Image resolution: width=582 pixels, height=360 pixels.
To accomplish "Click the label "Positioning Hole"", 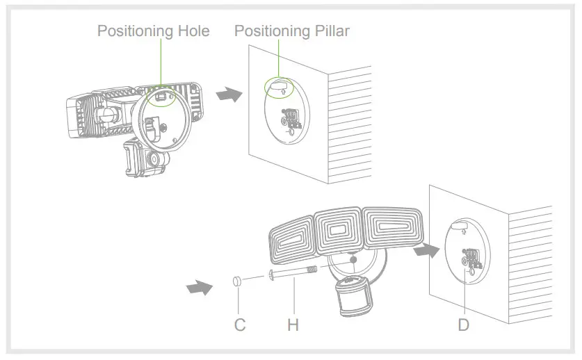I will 153,31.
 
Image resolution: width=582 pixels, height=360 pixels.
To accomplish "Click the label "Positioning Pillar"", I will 291,31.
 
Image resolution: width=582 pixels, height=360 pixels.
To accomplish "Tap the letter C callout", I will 239,325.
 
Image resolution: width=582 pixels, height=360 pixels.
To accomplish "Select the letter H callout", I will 293,325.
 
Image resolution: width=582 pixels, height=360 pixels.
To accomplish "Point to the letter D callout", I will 464,325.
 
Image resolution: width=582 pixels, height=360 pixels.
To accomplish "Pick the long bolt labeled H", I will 292,274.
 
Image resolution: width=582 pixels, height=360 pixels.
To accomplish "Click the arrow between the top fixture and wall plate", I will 229,94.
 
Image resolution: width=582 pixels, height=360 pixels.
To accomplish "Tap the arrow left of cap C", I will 200,286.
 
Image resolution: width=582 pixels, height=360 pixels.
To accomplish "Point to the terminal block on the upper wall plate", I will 289,118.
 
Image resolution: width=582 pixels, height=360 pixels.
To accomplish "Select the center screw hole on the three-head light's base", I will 355,261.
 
